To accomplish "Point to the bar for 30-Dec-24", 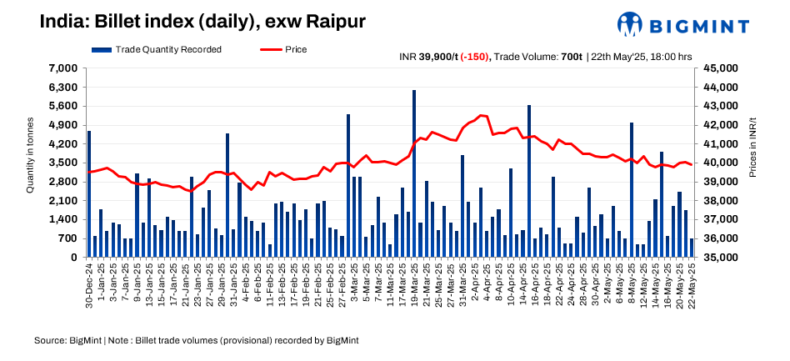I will (89, 193).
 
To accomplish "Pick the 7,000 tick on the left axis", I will (63, 68).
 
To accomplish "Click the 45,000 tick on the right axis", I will (718, 68).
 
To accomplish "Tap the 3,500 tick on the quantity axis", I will (63, 163).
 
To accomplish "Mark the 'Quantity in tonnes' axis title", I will (30, 163).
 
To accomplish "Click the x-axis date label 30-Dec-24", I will (89, 286).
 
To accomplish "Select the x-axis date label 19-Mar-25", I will (414, 286).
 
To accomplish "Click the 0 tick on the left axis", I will (72, 258).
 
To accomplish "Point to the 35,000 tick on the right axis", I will (718, 258).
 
